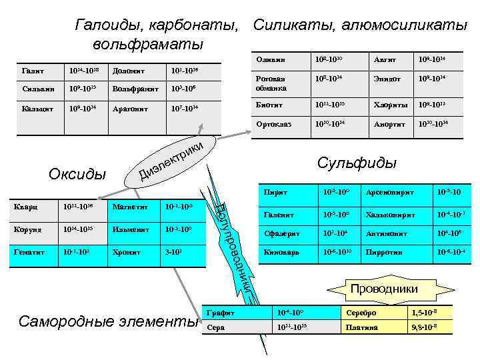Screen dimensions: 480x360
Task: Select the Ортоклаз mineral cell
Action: (x=271, y=124)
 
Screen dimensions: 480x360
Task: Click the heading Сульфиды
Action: (x=357, y=163)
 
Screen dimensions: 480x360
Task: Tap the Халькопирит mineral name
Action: (x=390, y=215)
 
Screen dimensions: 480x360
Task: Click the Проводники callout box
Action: (x=384, y=289)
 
